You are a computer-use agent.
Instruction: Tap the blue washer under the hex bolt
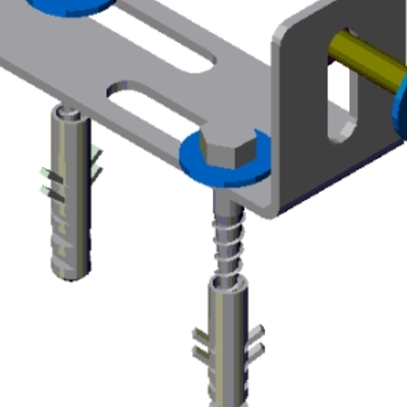pos(195,163)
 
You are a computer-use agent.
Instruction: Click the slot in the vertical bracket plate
pos(340,102)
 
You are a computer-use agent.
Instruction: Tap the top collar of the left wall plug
pos(69,113)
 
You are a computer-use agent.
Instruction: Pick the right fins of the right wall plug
pos(256,343)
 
